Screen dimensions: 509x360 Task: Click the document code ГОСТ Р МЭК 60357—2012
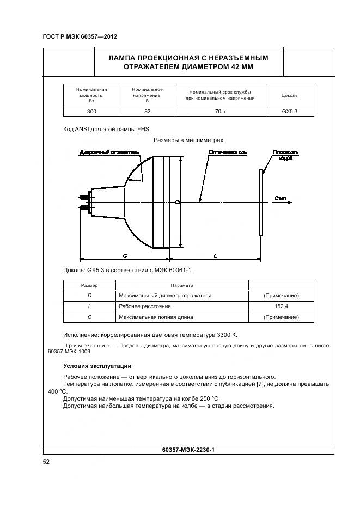click(x=80, y=37)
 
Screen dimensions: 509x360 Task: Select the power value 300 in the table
click(x=91, y=111)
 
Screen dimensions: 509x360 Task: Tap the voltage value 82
click(x=147, y=111)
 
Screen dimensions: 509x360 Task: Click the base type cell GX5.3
click(x=290, y=111)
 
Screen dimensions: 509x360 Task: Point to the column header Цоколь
click(x=290, y=95)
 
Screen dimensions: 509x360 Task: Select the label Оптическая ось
click(x=228, y=152)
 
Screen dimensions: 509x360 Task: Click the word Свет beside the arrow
click(x=281, y=198)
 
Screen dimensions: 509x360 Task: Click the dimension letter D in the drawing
click(x=178, y=202)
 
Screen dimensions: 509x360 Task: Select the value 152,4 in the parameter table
click(x=281, y=306)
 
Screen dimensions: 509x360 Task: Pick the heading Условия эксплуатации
click(x=97, y=366)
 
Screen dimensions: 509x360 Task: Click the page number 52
click(x=46, y=462)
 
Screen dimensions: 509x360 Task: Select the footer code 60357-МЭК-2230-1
click(x=189, y=450)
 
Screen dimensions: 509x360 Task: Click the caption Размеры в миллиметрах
click(x=188, y=140)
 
